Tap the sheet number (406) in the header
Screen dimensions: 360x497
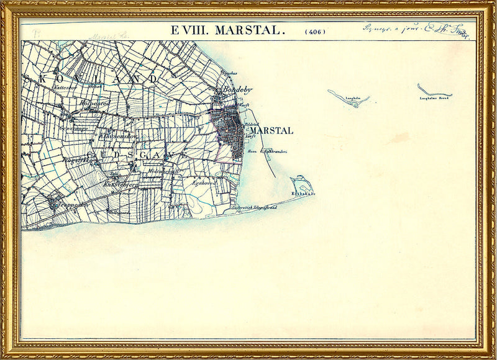(x=315, y=31)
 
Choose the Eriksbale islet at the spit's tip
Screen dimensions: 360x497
(x=303, y=184)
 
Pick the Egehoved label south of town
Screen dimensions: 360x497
(x=203, y=184)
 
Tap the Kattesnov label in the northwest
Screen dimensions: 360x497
(x=64, y=88)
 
